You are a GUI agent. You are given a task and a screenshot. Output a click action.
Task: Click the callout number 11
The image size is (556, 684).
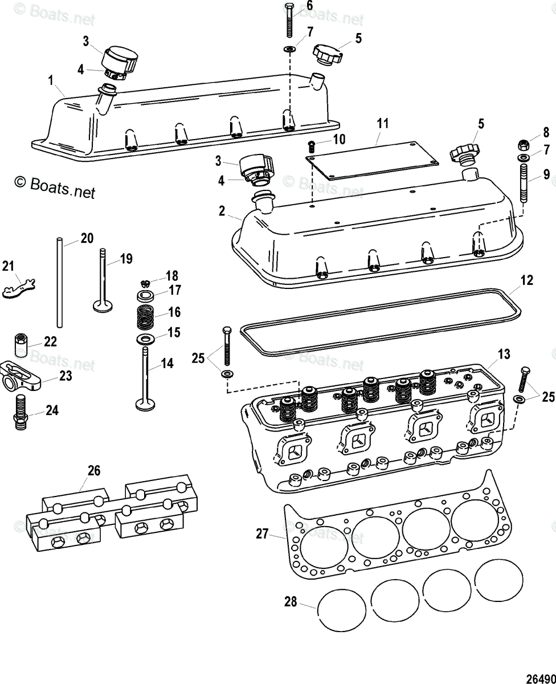382,123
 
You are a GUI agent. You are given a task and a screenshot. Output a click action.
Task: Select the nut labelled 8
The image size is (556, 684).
522,144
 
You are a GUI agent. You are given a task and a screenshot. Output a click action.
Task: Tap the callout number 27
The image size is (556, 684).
261,534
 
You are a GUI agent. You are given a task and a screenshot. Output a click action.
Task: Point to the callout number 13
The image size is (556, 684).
504,354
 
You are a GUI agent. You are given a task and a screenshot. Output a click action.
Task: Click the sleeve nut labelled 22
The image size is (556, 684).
22,343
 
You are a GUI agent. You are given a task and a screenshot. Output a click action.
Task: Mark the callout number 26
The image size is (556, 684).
94,470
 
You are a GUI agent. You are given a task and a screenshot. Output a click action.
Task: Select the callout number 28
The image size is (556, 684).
291,602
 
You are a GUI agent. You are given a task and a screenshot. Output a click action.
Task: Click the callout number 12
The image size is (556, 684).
527,280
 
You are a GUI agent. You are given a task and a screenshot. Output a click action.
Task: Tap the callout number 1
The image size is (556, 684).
51,80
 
